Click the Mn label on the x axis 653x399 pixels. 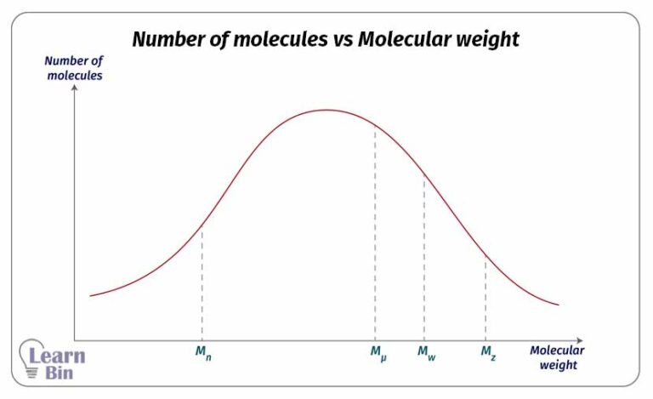[203, 351]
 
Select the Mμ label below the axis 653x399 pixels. [378, 351]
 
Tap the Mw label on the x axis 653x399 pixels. [426, 351]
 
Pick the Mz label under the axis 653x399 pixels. [487, 351]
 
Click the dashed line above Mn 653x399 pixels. [202, 281]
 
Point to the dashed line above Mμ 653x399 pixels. [375, 230]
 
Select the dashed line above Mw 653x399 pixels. [424, 255]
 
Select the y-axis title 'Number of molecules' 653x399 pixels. [73, 68]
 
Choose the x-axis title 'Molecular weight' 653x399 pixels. [557, 357]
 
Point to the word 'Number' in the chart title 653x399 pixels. [168, 39]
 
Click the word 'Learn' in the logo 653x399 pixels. [57, 356]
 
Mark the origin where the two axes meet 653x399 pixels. [75, 339]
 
